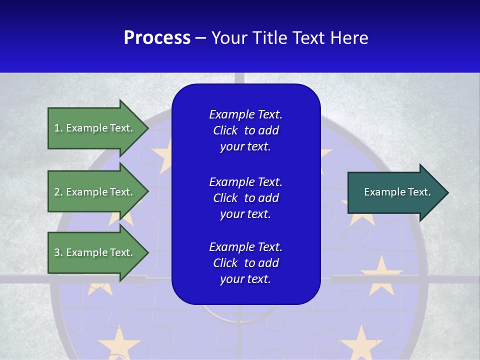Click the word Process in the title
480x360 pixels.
pyautogui.click(x=157, y=38)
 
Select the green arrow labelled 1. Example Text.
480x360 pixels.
pyautogui.click(x=95, y=128)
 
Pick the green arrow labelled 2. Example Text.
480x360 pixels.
pyautogui.click(x=95, y=192)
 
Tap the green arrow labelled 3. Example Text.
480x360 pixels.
pyautogui.click(x=95, y=252)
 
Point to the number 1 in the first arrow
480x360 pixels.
pyautogui.click(x=57, y=128)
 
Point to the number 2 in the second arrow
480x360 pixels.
pyautogui.click(x=57, y=192)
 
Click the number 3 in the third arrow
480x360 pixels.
pyautogui.click(x=57, y=252)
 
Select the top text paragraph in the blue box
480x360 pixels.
pyautogui.click(x=245, y=130)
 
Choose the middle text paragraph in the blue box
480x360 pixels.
pyautogui.click(x=245, y=198)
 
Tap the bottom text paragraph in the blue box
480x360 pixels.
pyautogui.click(x=245, y=263)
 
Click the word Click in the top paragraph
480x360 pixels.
pyautogui.click(x=225, y=131)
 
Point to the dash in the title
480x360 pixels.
pyautogui.click(x=200, y=38)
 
